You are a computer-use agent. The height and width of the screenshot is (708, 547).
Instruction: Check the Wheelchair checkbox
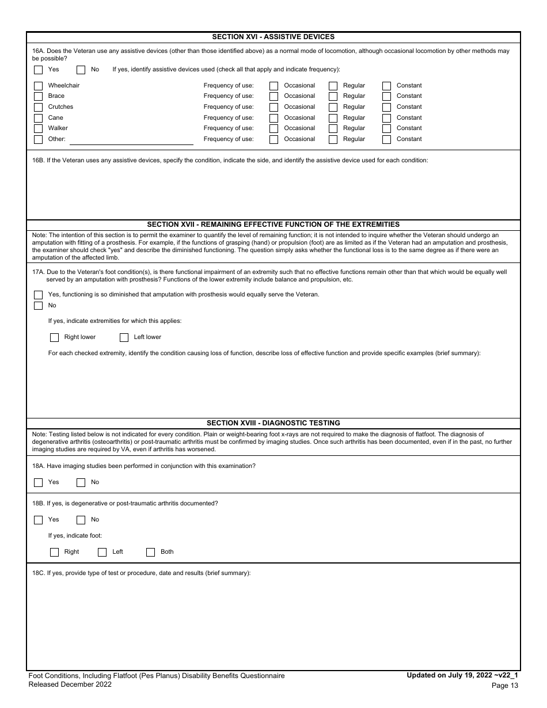(x=38, y=86)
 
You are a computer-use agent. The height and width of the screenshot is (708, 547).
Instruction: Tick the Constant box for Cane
(x=387, y=118)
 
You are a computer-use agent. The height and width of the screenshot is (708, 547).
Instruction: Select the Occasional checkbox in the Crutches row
(x=274, y=107)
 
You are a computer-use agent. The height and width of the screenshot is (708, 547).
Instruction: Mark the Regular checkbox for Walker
(x=333, y=128)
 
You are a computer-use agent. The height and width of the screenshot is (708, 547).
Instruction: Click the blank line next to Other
(x=131, y=140)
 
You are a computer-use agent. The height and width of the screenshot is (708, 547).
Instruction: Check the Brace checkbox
(x=38, y=96)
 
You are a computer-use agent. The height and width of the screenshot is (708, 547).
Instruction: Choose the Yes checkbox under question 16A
(x=38, y=70)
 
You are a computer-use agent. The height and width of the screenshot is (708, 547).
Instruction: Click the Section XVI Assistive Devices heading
(x=273, y=37)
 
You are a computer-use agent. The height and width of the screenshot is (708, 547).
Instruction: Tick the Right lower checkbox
(x=54, y=337)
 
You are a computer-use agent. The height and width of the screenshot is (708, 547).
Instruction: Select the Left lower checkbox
(x=124, y=337)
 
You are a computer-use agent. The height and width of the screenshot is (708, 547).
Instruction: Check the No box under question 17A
(x=38, y=306)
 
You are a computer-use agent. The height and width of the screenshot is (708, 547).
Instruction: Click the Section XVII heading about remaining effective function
(x=273, y=224)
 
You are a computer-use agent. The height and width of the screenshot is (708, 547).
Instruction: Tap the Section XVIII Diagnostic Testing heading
(x=273, y=422)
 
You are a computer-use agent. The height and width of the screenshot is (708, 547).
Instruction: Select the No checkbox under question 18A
(x=81, y=482)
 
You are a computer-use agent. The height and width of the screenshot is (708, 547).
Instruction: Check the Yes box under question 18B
(x=38, y=520)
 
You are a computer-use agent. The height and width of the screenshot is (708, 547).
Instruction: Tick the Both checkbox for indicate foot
(x=150, y=552)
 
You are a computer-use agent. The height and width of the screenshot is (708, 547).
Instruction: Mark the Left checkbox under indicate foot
(x=102, y=552)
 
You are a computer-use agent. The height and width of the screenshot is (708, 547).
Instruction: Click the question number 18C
(x=39, y=573)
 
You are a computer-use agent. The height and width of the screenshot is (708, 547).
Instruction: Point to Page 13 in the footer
(x=505, y=685)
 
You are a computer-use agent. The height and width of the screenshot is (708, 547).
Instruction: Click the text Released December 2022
(x=70, y=684)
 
